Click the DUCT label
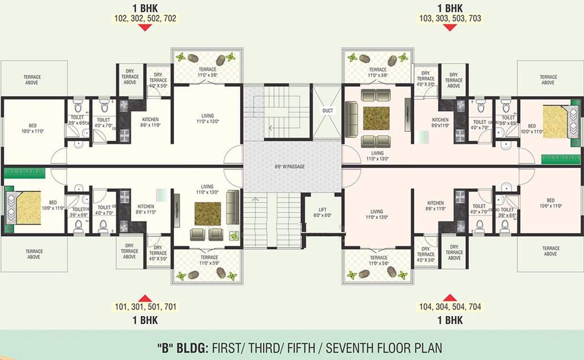pos(327,111)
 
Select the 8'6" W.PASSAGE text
pos(291,166)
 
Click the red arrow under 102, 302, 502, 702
pos(145,28)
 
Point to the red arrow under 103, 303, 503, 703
pos(450,28)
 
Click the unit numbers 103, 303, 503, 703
pos(450,18)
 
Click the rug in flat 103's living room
pos(376,119)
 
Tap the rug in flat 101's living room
pos(208,213)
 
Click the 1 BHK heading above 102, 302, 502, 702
pos(145,8)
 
